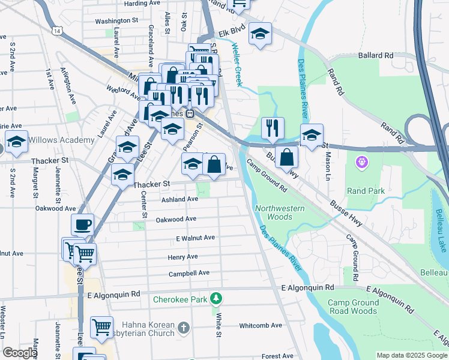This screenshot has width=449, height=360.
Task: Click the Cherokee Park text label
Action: [x=180, y=299]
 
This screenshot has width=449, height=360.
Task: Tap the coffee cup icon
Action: [x=83, y=225]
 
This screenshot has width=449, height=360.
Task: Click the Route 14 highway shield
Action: [x=56, y=29]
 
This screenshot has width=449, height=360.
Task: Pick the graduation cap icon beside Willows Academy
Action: [x=16, y=142]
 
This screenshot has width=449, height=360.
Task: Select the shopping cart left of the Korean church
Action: [x=101, y=328]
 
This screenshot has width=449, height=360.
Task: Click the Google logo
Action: [x=20, y=353]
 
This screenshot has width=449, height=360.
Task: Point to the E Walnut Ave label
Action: [x=195, y=238]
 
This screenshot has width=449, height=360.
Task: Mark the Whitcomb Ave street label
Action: [x=260, y=325]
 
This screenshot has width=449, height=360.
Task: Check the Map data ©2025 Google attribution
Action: [x=411, y=355]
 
